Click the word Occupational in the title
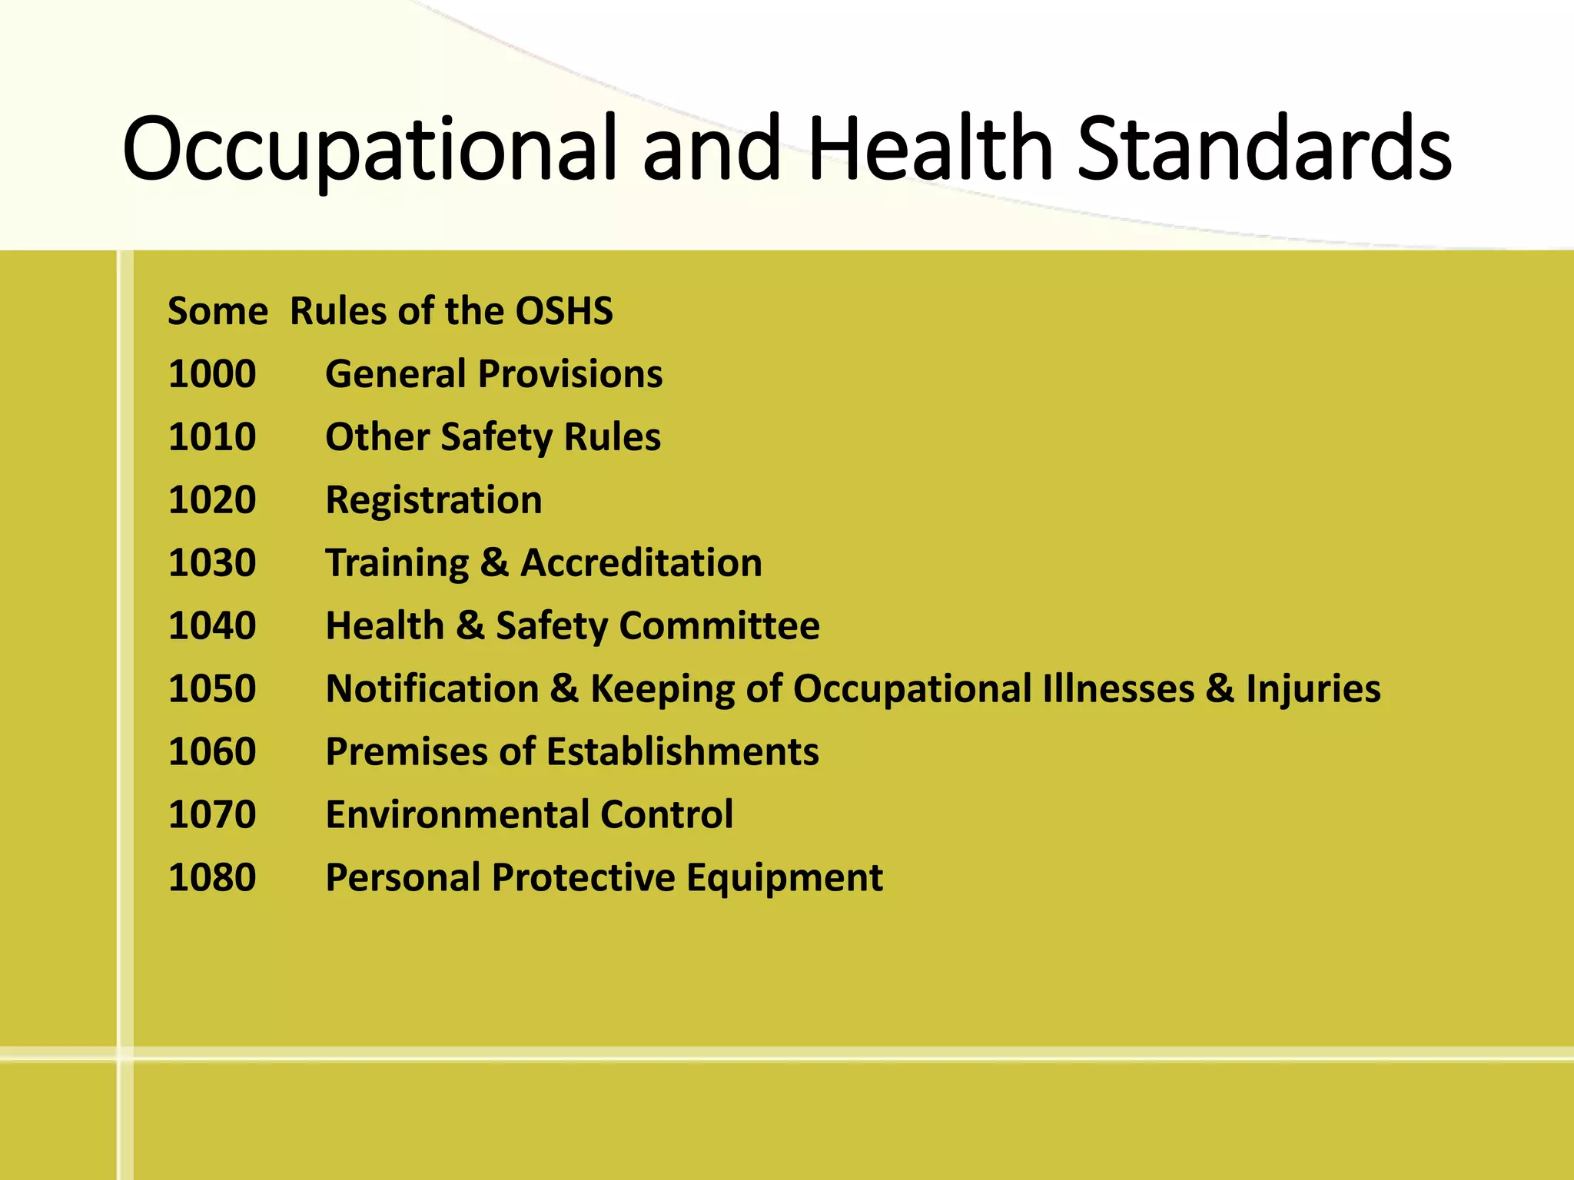tap(369, 150)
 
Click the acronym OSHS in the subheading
tap(563, 311)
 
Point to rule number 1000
tap(212, 374)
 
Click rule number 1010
tap(212, 437)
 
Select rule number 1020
tap(212, 500)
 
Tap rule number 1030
tap(212, 563)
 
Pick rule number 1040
tap(212, 626)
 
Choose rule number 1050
tap(212, 689)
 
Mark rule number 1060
tap(212, 752)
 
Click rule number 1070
tap(212, 815)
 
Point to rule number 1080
tap(212, 878)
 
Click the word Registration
tap(433, 500)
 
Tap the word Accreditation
tap(641, 563)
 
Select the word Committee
tap(719, 626)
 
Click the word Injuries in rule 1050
tap(1313, 689)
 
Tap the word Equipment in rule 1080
tap(784, 878)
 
